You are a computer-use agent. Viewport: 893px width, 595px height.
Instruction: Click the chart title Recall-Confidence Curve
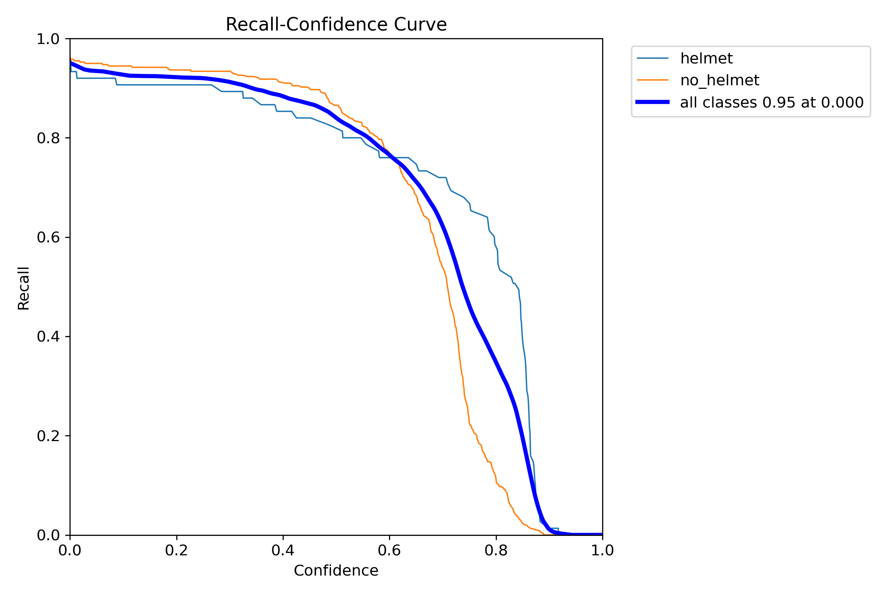tap(336, 25)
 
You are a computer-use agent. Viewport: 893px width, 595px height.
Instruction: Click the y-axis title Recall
tap(24, 288)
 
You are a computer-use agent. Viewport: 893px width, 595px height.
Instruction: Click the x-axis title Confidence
tap(336, 570)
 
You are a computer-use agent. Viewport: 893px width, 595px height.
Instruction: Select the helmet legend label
tap(706, 58)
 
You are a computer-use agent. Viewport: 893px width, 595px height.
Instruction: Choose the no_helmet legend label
tap(719, 80)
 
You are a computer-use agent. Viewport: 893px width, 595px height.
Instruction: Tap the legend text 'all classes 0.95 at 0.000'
tap(772, 102)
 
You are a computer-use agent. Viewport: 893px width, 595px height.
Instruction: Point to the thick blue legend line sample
tap(652, 102)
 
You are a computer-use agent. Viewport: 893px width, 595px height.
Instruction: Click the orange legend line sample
tap(652, 80)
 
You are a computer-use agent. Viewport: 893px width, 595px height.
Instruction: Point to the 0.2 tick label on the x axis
tap(176, 550)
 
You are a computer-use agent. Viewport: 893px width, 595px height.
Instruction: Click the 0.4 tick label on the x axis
tap(283, 550)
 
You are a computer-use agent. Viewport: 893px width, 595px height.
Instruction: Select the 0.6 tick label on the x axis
tap(389, 550)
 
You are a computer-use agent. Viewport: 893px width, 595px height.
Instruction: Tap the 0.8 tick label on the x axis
tap(496, 550)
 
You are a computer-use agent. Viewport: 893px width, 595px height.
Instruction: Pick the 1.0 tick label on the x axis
tap(602, 550)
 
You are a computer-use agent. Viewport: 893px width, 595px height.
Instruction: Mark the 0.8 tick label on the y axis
tap(48, 138)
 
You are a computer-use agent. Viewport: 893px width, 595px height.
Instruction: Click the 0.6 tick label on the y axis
tap(48, 237)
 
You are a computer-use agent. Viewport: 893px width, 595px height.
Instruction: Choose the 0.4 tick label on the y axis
tap(48, 336)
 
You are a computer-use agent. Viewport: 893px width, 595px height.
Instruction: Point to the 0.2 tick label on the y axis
tap(48, 436)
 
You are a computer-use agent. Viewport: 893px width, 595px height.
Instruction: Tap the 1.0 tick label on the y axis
tap(48, 39)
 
